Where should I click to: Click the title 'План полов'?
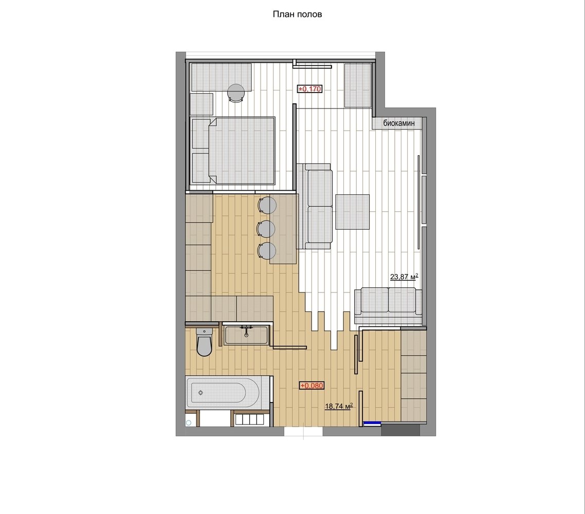tap(297, 14)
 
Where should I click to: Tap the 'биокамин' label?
tap(398, 123)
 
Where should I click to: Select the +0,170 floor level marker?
tap(309, 89)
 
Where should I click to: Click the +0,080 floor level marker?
tap(312, 385)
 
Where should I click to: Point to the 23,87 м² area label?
tap(404, 277)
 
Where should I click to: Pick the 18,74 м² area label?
tap(339, 406)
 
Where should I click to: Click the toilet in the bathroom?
tap(204, 342)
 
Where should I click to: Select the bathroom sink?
tap(246, 335)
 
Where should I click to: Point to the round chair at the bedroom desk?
tap(236, 92)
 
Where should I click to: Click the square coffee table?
tap(352, 211)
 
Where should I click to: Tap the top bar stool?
tap(267, 205)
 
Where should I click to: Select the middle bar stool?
tap(267, 228)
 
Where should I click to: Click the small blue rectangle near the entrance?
tap(372, 423)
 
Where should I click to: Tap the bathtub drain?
tap(200, 392)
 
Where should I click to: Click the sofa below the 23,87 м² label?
tap(388, 305)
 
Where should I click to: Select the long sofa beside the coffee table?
tap(315, 206)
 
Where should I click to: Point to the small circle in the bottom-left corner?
tap(189, 423)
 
